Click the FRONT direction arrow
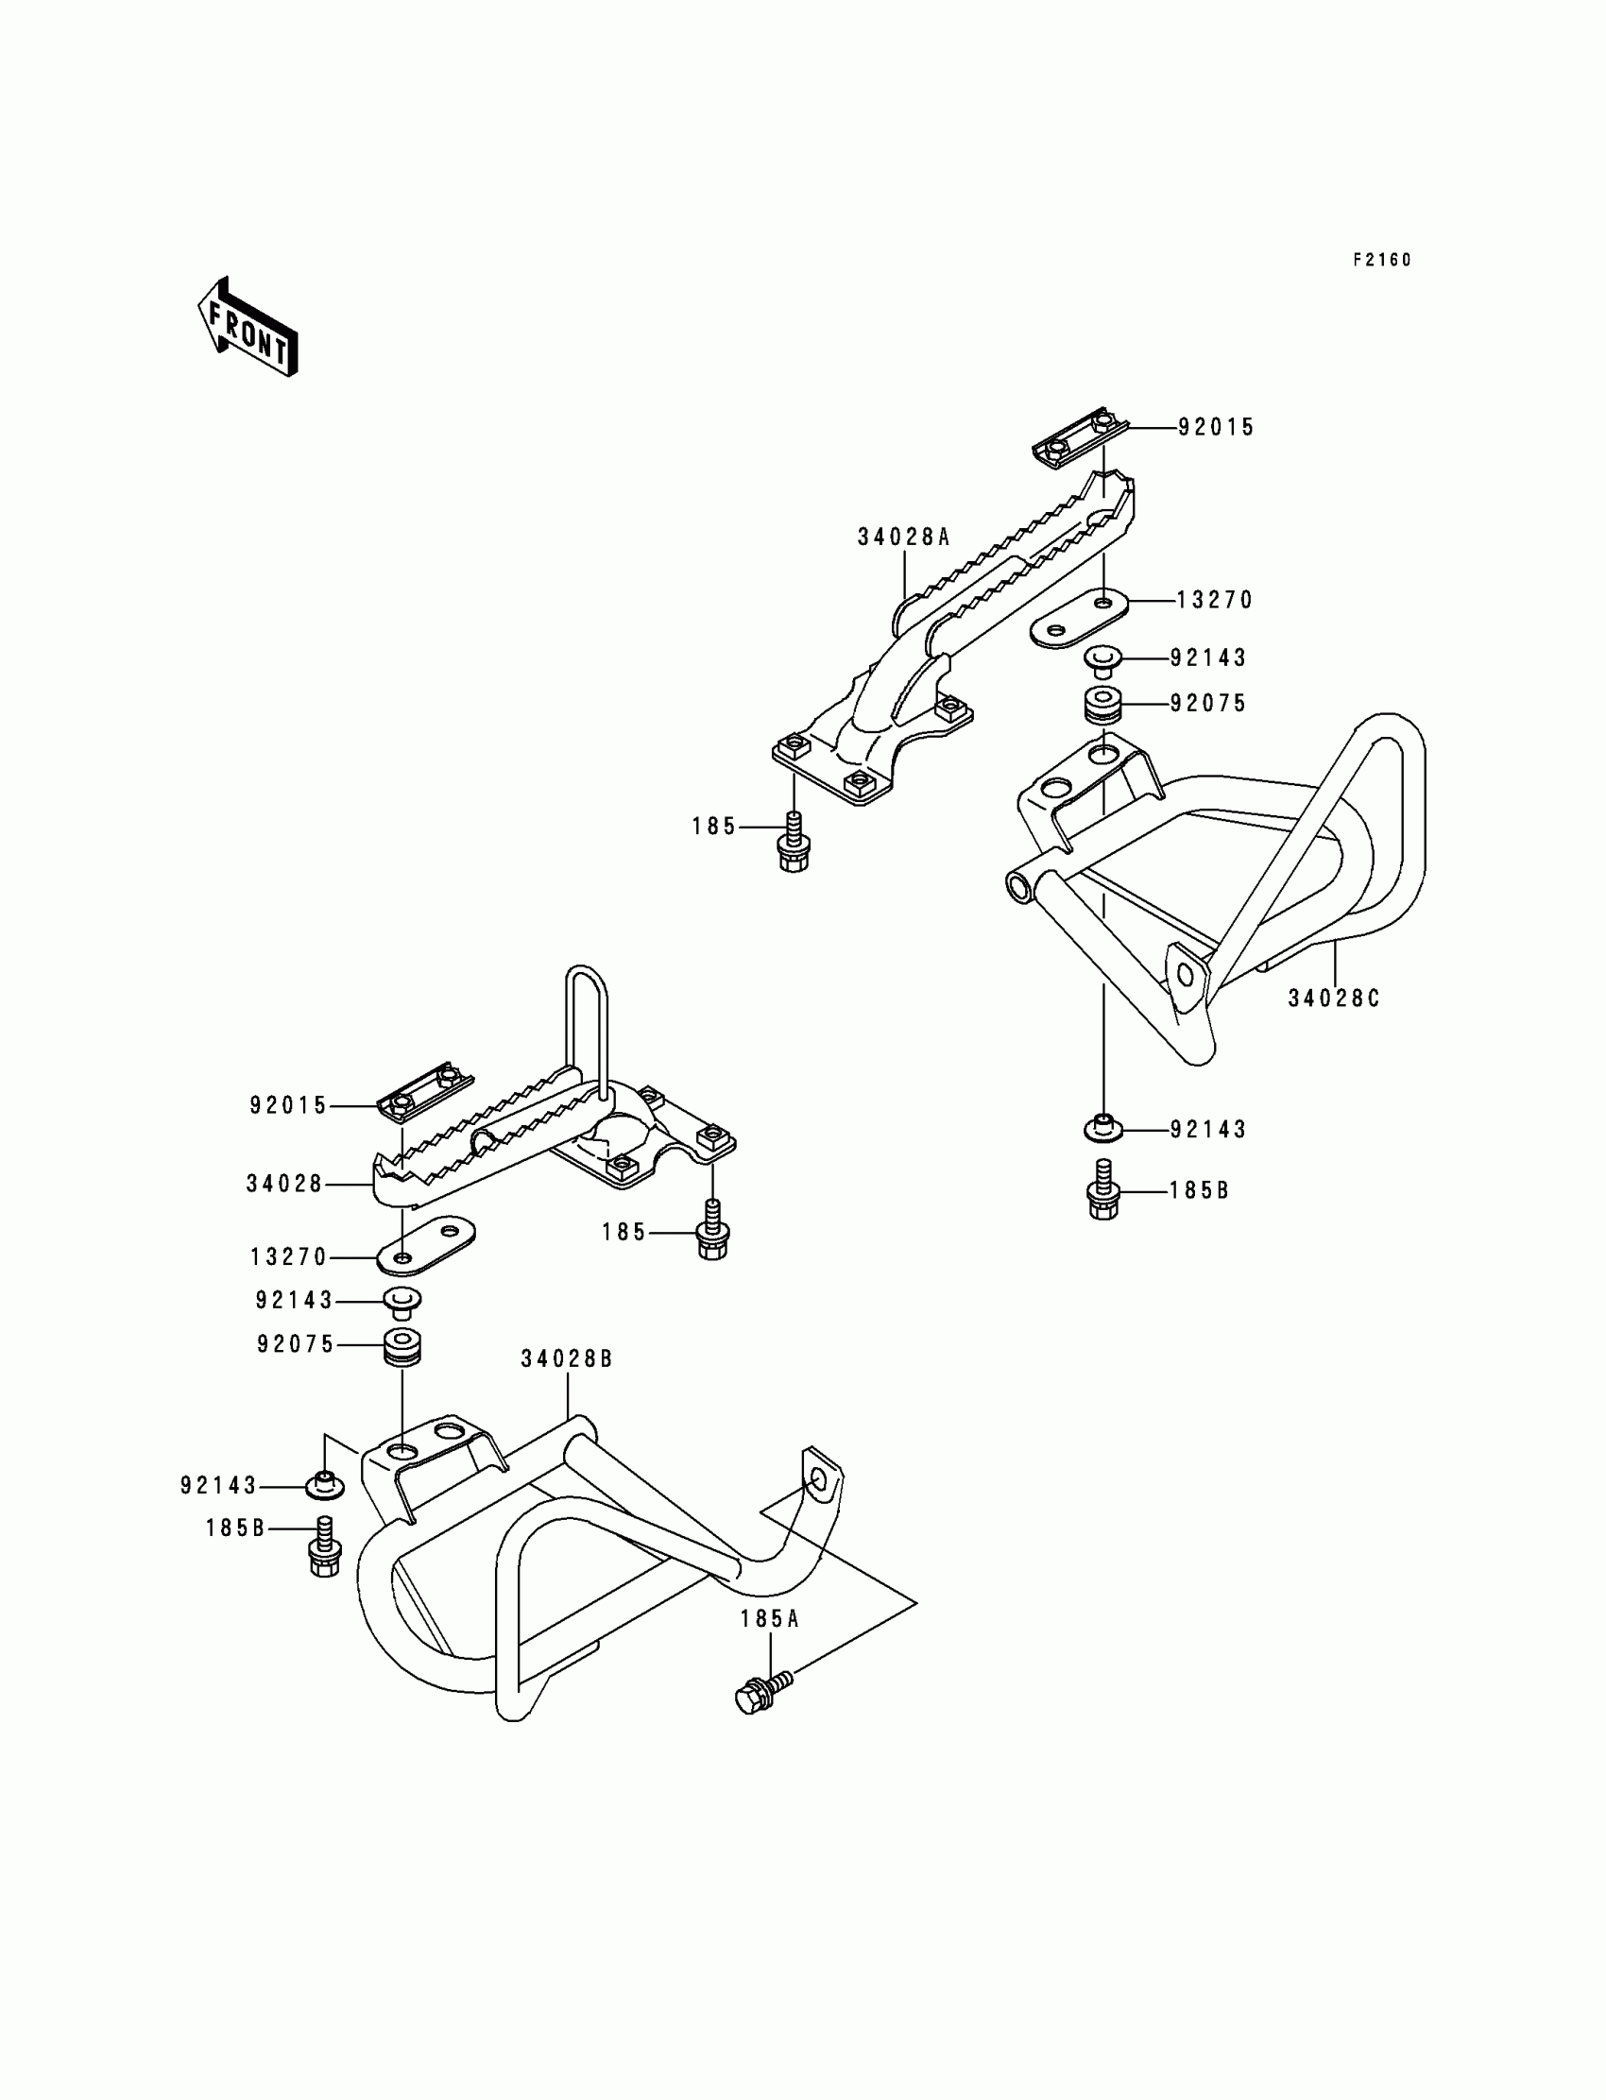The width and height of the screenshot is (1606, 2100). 247,328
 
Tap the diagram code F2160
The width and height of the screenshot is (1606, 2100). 1381,260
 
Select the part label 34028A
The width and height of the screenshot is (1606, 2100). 902,538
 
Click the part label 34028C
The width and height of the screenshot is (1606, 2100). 1334,999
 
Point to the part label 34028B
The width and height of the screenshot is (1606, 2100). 567,1359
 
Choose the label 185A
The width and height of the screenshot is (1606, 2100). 770,1619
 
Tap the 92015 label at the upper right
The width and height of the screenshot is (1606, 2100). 1216,428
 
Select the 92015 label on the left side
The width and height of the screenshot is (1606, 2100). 288,1106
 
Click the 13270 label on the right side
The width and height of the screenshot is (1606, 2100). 1214,600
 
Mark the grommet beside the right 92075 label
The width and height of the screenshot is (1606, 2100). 1103,705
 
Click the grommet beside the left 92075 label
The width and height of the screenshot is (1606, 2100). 402,1346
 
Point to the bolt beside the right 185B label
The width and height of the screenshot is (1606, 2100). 1103,1191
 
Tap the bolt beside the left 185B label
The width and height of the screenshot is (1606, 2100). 324,1546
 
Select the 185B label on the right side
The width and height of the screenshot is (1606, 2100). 1199,1191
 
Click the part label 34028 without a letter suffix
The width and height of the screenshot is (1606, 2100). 284,1185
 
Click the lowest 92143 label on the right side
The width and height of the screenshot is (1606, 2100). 1208,1130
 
